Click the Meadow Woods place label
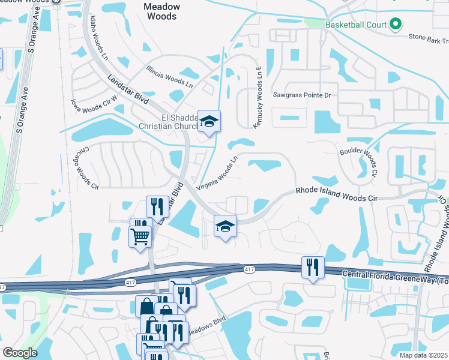tap(160, 11)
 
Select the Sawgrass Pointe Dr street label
tap(302, 95)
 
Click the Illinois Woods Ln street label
tap(169, 77)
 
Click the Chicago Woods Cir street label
tap(86, 167)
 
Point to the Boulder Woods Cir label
tap(359, 161)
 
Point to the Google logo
tap(20, 353)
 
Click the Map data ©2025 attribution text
tap(423, 355)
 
